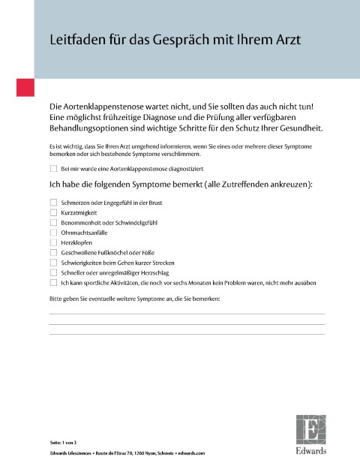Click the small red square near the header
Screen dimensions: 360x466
(x=25, y=86)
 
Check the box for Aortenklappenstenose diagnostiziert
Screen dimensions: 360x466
(x=53, y=170)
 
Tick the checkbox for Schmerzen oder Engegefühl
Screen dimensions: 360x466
(x=53, y=203)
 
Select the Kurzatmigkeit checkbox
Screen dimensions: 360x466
(x=53, y=212)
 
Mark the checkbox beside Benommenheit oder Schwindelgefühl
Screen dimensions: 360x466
(x=53, y=223)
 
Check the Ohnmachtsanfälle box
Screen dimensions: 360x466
(x=53, y=233)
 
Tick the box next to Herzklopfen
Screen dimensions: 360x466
(x=53, y=242)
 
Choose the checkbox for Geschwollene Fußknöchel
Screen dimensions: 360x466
(x=53, y=253)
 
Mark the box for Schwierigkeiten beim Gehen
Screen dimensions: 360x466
(x=53, y=263)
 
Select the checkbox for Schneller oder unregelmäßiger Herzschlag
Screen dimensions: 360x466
(x=53, y=273)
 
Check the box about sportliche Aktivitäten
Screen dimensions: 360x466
(x=53, y=283)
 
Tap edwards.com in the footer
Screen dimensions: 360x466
(x=191, y=454)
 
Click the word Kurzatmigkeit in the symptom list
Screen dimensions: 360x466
(x=77, y=212)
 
